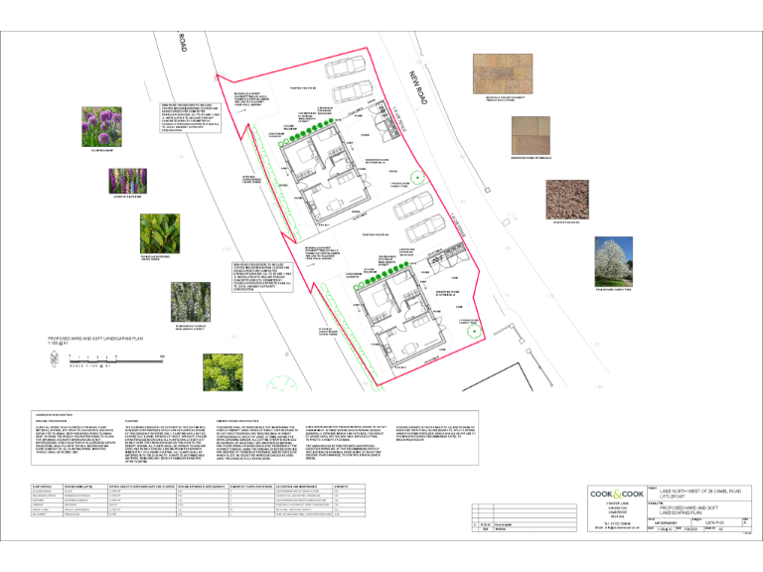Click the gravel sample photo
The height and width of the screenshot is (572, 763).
[x=536, y=198]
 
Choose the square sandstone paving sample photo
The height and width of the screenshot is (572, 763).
[x=535, y=135]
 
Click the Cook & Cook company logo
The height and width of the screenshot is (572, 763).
[x=618, y=495]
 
